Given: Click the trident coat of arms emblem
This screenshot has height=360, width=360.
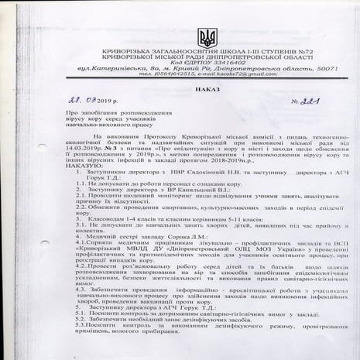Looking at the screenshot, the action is pyautogui.click(x=207, y=37).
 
